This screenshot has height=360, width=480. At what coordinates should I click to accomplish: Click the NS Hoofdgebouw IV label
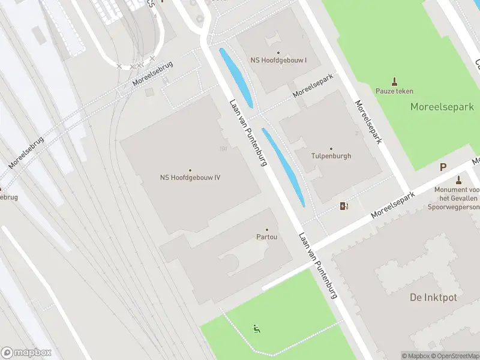click(x=190, y=177)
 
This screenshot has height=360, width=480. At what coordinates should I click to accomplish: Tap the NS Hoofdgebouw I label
click(x=278, y=61)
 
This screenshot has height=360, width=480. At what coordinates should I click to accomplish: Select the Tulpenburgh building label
click(x=331, y=156)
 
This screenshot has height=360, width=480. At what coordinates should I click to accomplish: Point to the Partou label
click(x=267, y=237)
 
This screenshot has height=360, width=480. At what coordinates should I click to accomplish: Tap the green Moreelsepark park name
click(x=442, y=107)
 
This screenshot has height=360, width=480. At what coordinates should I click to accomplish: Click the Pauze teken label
click(x=394, y=91)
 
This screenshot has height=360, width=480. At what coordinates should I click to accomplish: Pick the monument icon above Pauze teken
click(x=395, y=81)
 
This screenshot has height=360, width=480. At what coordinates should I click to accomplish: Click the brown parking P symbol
click(x=443, y=168)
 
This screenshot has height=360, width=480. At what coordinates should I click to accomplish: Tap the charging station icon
click(x=344, y=206)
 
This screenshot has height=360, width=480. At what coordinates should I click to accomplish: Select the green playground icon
click(x=257, y=328)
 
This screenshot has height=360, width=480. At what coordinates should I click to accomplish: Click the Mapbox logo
click(x=26, y=352)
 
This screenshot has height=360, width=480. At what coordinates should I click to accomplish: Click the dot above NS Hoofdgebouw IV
click(x=190, y=170)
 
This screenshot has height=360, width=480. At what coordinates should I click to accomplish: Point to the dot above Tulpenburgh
click(x=331, y=149)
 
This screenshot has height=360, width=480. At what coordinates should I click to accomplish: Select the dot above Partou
click(x=267, y=229)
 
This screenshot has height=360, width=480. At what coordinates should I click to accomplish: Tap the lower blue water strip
click(x=283, y=167)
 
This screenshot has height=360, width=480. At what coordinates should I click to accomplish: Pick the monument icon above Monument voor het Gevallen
click(x=459, y=179)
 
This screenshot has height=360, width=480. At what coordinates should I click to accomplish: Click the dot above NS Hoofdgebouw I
click(x=278, y=53)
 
